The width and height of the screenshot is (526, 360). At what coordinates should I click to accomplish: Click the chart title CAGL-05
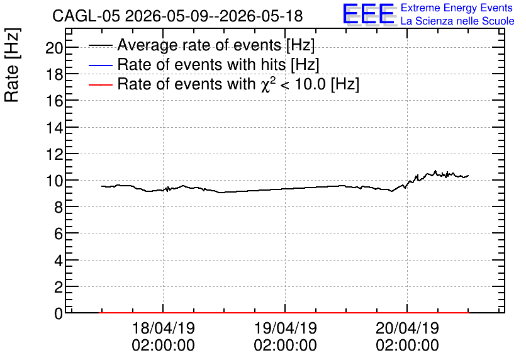pyautogui.click(x=86, y=16)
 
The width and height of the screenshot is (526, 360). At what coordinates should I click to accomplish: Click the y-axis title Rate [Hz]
pyautogui.click(x=12, y=65)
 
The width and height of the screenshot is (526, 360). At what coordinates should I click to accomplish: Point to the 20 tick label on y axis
pyautogui.click(x=54, y=48)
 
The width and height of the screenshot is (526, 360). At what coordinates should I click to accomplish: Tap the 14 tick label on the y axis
pyautogui.click(x=54, y=128)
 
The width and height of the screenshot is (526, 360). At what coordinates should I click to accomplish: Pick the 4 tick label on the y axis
pyautogui.click(x=59, y=261)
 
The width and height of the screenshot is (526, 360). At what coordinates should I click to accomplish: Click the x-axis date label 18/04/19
pyautogui.click(x=164, y=328)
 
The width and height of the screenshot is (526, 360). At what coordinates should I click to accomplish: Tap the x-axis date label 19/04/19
pyautogui.click(x=286, y=328)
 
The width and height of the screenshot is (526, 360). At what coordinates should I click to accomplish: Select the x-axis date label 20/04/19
pyautogui.click(x=407, y=328)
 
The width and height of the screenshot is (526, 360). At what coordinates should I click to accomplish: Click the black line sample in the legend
pyautogui.click(x=100, y=45)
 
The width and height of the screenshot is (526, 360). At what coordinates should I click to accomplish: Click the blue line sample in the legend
pyautogui.click(x=100, y=65)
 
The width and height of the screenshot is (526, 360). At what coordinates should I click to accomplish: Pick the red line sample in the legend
pyautogui.click(x=100, y=84)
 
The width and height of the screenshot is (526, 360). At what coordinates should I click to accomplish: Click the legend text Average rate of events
pyautogui.click(x=199, y=45)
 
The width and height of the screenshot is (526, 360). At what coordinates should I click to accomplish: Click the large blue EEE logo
pyautogui.click(x=369, y=14)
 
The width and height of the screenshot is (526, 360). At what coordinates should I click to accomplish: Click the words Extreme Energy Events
pyautogui.click(x=457, y=8)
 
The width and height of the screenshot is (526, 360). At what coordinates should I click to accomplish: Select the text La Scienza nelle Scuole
pyautogui.click(x=457, y=21)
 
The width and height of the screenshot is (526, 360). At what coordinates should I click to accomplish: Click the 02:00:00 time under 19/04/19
pyautogui.click(x=286, y=346)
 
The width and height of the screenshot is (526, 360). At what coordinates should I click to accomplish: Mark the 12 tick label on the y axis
pyautogui.click(x=54, y=154)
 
